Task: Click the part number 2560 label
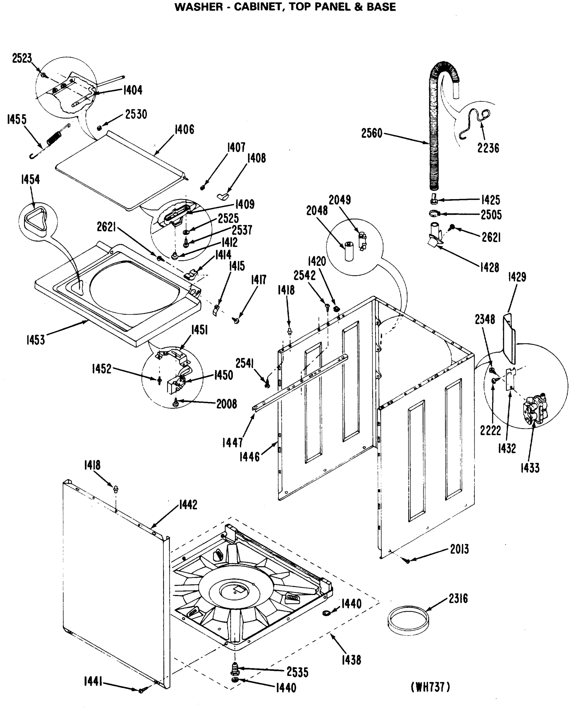[x=371, y=134]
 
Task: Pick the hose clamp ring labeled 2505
[x=434, y=213]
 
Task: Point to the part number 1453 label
[x=35, y=340]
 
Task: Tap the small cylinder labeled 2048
[x=349, y=251]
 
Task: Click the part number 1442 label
[x=188, y=504]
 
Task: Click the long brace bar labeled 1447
[x=301, y=381]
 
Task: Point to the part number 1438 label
[x=351, y=660]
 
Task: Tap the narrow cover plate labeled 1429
[x=509, y=338]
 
